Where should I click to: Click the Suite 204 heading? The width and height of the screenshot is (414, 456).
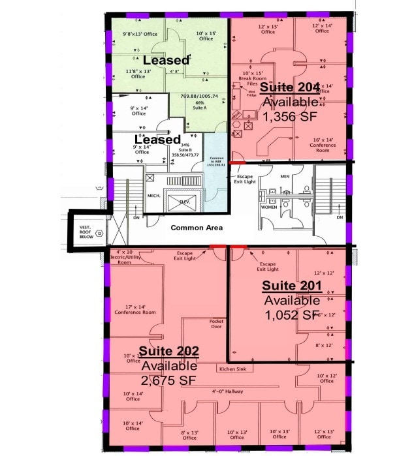coord(289,87)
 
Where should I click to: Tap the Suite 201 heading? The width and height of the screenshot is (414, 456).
coord(292,286)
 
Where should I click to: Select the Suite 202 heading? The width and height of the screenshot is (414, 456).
coord(169,352)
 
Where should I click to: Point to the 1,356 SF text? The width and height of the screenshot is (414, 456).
coord(289,116)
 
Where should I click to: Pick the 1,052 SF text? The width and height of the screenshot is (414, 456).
coord(292,314)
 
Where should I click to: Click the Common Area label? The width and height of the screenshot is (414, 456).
coord(197,228)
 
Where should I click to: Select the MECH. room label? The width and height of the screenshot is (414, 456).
coord(154,195)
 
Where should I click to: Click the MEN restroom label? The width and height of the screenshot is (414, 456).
coord(285,176)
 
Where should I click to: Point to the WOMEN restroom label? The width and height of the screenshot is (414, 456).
coord(269,207)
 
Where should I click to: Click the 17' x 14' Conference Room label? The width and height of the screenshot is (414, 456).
coord(135,309)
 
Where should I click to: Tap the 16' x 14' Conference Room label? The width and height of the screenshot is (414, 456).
coord(324,143)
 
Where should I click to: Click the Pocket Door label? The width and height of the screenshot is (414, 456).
coord(216,324)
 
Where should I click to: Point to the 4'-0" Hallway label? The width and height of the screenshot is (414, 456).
coord(225,391)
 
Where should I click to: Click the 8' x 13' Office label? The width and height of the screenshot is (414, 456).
coord(189,434)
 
